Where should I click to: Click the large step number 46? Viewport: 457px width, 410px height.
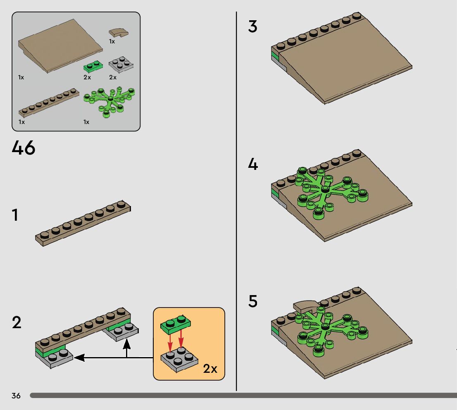click(x=24, y=148)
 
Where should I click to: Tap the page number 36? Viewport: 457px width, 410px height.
click(x=16, y=396)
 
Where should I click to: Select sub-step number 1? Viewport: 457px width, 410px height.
click(x=15, y=215)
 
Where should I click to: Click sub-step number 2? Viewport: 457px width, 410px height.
click(x=17, y=322)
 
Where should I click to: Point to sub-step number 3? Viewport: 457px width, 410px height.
click(x=253, y=26)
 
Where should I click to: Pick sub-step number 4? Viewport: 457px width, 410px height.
click(x=253, y=164)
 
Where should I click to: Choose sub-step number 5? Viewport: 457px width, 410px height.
click(x=253, y=301)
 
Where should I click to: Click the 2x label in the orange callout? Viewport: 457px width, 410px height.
click(x=210, y=369)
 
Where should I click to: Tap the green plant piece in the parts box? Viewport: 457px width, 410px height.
click(x=109, y=101)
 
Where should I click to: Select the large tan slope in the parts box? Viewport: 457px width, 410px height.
click(x=60, y=46)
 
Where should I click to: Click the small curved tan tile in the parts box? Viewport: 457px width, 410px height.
click(x=119, y=32)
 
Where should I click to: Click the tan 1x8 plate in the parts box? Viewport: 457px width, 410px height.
click(x=49, y=103)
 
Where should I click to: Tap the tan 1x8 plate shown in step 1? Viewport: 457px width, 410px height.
click(x=83, y=223)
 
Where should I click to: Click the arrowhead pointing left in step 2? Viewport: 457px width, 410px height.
click(x=79, y=358)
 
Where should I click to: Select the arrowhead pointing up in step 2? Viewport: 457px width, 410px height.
click(x=126, y=344)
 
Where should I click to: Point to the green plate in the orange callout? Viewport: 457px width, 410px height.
click(x=176, y=325)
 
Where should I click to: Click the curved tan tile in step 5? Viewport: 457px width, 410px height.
click(x=306, y=306)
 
